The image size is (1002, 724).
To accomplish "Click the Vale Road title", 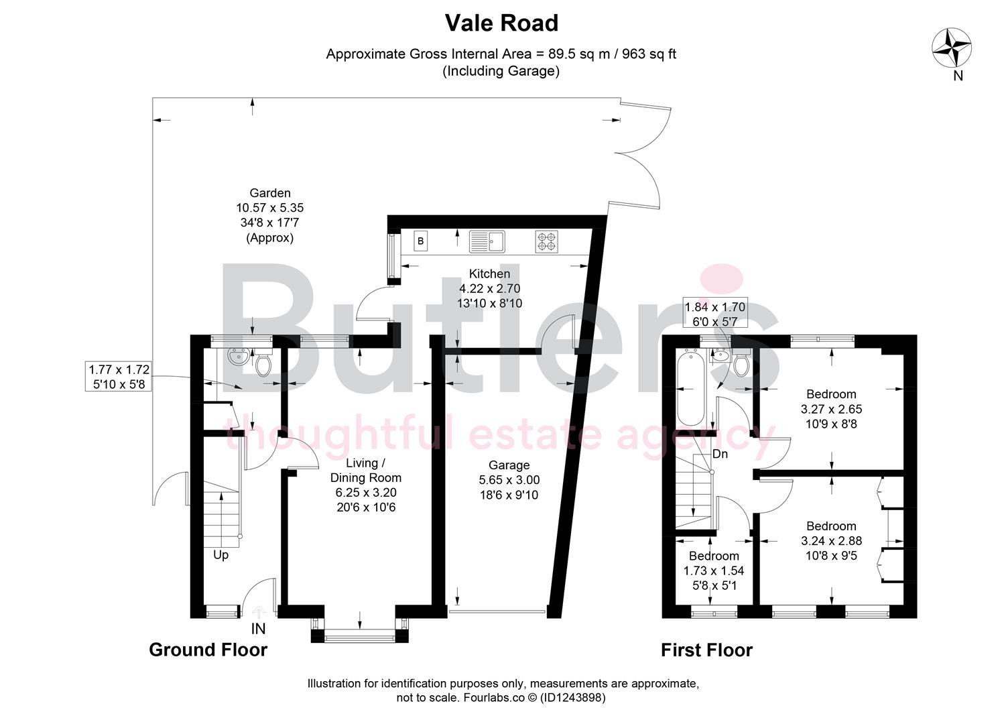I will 501,23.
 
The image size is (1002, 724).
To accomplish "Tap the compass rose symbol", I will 952,49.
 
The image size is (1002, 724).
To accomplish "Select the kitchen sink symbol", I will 487,241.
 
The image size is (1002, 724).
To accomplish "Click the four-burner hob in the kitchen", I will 546,241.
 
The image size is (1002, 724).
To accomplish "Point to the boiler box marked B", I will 421,241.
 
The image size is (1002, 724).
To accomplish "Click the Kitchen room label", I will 489,274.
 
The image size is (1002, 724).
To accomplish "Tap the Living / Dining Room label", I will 365,471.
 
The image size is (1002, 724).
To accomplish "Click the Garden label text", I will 269,193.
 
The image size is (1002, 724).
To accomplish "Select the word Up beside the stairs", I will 221,555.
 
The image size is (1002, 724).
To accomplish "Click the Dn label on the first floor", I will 720,454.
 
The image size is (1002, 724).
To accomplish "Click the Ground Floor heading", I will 208,650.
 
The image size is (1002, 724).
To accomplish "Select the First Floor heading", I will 706,650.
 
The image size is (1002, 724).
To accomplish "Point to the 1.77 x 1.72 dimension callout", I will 119,376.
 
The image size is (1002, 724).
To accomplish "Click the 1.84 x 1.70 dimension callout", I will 714,314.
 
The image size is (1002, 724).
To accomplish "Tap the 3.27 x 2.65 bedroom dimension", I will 831,409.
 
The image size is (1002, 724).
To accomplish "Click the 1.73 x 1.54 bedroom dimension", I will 713,571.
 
